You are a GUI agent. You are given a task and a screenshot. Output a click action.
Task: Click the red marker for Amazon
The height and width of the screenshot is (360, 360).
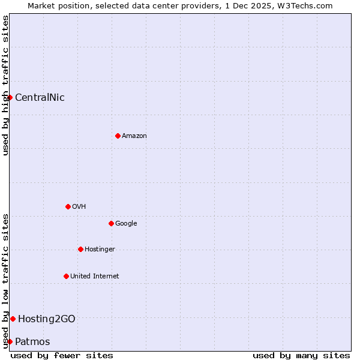[118, 136]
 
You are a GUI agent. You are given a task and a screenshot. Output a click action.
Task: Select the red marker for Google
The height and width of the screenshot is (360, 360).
[111, 223]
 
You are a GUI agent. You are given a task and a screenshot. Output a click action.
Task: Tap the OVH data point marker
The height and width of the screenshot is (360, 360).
[68, 206]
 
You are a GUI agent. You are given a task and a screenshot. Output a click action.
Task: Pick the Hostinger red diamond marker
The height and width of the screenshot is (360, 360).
[80, 249]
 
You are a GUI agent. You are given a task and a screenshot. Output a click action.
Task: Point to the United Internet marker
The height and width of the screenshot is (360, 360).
[66, 276]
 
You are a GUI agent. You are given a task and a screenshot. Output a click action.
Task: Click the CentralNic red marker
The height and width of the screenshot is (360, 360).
[10, 97]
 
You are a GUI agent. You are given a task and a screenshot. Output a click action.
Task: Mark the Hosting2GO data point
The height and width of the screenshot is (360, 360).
[13, 319]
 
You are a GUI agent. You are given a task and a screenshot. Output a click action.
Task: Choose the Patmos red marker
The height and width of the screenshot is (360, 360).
[10, 341]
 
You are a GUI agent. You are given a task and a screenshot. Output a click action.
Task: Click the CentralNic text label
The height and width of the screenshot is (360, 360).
[40, 98]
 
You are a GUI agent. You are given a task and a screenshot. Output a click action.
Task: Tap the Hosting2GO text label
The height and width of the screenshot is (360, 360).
[47, 319]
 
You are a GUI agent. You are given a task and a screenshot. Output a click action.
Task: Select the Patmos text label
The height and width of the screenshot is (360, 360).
[32, 342]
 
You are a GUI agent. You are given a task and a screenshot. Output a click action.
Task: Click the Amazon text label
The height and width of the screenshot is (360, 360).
[134, 136]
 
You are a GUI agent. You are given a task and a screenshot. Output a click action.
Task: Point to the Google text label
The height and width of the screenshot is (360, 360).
[126, 224]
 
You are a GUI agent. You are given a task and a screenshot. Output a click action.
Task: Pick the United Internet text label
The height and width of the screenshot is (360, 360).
[95, 277]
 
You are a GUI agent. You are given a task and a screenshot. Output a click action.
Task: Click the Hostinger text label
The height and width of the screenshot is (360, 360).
[100, 250]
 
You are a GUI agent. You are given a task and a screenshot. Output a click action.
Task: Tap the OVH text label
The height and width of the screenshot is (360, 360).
[79, 207]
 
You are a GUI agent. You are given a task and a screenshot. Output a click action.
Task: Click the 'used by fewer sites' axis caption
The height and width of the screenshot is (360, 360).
[62, 355]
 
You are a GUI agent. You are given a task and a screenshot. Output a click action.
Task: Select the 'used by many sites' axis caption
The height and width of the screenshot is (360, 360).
[301, 355]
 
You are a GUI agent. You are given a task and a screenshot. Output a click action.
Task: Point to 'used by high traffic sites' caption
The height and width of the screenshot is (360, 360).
[5, 85]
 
